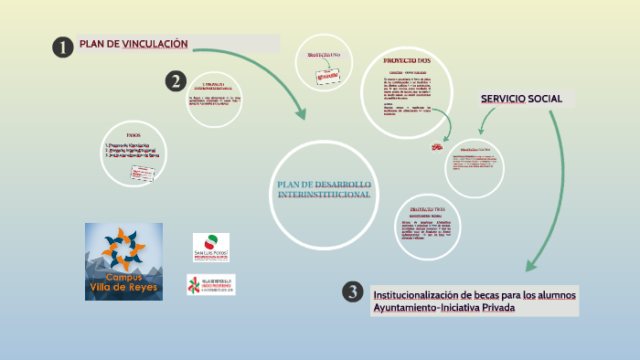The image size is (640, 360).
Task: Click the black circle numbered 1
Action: click(62, 48)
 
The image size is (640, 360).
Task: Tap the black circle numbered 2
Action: click(176, 81)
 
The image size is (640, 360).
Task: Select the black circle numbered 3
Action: click(353, 291)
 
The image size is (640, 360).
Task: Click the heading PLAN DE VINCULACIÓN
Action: click(133, 44)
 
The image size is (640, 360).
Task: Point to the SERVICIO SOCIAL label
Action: click(522, 99)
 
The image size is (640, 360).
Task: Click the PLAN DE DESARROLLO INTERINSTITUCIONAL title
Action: click(324, 190)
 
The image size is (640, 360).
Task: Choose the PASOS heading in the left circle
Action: click(133, 134)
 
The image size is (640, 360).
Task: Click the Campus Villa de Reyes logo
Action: click(123, 261)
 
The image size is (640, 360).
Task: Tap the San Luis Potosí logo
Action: click(211, 247)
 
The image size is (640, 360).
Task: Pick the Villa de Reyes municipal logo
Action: click(210, 284)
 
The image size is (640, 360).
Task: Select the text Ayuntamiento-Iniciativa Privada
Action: click(443, 308)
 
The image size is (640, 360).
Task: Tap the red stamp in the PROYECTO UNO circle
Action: click(326, 79)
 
